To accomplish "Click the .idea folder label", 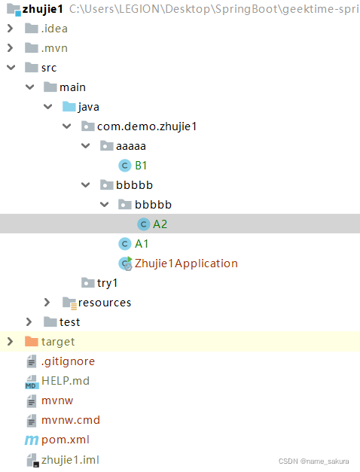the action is tap(54, 29).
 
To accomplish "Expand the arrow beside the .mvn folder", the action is tap(11, 48).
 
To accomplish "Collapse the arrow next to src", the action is tap(11, 68).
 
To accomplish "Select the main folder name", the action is tap(72, 87).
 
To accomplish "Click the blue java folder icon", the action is tap(69, 107).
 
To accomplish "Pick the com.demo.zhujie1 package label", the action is tap(147, 126).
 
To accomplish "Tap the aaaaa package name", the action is tap(131, 146).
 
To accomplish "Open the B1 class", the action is tap(141, 166).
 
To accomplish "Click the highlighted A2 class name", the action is tap(160, 224).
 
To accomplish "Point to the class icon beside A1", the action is tap(125, 244).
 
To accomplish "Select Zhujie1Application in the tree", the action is tap(186, 263).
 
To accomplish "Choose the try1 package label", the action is tap(107, 283).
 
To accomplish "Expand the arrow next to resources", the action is tap(47, 302).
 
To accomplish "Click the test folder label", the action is tap(69, 322).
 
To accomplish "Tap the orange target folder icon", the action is tap(32, 341).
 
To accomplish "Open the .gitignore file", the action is tap(68, 361).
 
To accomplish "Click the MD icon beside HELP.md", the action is tap(32, 382).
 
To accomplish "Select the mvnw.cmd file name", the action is tap(71, 420).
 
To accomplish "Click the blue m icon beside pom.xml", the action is tap(32, 440).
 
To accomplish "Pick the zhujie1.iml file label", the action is tap(70, 460).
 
